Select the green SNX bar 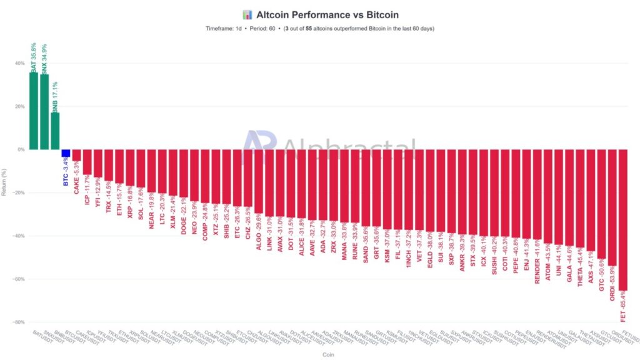click(44, 112)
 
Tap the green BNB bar click(55, 131)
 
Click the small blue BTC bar click(66, 153)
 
